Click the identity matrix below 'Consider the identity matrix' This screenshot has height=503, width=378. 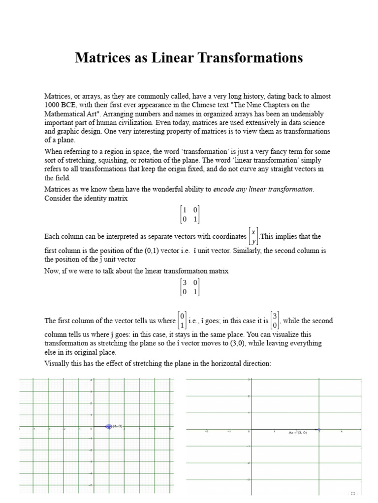[189, 215]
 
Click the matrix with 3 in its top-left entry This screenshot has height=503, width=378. [189, 287]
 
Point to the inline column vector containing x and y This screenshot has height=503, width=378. [253, 236]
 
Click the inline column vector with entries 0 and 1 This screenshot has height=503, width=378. [182, 321]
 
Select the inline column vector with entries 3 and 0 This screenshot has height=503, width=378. [275, 321]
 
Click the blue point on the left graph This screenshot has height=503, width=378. [109, 426]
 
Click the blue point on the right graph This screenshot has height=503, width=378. [319, 430]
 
